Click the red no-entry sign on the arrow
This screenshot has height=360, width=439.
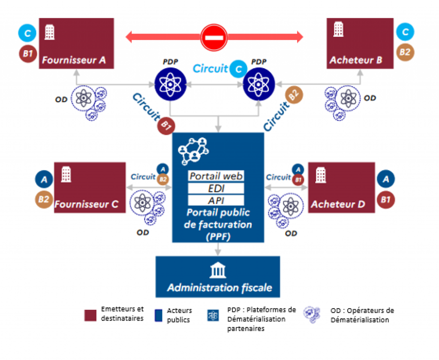(213, 37)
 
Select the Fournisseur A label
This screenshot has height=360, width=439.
(74, 60)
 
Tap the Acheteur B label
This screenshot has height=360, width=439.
(355, 60)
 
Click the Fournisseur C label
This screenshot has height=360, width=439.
(86, 204)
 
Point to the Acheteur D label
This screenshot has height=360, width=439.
(338, 204)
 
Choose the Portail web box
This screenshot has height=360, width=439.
(216, 176)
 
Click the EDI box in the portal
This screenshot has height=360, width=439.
(216, 188)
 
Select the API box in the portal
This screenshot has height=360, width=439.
(216, 200)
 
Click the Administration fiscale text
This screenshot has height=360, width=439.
(219, 287)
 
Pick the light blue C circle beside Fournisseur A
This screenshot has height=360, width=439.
(27, 33)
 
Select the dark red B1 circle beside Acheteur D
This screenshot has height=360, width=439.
(386, 200)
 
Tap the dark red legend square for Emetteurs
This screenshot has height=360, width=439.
(91, 315)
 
